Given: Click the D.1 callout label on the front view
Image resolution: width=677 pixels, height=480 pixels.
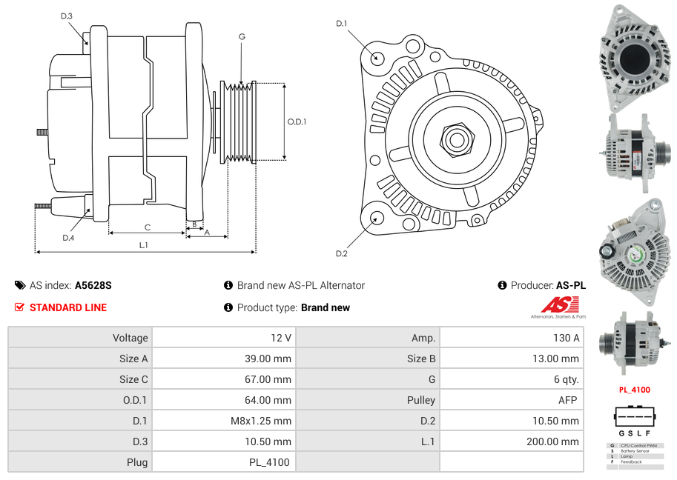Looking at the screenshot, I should coord(341,24).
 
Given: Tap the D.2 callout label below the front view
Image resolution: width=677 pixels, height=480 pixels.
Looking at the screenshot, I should coord(341,254).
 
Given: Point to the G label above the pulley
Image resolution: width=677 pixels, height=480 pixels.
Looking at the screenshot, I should coord(242,36).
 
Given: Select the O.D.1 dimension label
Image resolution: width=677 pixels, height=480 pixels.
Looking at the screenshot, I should coord(297,122).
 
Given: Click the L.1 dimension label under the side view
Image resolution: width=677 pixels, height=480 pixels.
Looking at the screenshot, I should coord(143,245).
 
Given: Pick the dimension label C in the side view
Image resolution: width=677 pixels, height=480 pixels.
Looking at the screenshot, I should coord(148,227).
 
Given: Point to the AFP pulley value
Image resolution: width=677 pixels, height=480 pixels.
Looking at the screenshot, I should coord(567,400).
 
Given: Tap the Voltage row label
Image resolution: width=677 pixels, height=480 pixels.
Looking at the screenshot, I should coord(130,338).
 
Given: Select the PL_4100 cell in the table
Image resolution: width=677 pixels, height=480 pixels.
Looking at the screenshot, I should coord(269,462).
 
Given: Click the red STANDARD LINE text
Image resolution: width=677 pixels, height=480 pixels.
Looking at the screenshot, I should coord(67,307).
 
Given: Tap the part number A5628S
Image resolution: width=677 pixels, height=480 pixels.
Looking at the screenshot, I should coord(93,285).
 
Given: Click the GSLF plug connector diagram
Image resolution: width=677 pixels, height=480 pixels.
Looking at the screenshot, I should coord(634,421).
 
